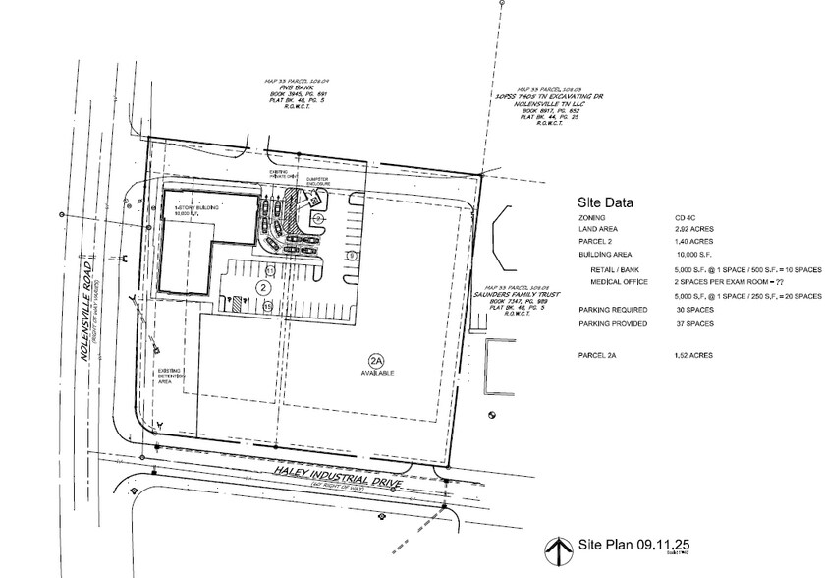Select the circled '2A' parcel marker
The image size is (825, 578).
pos(375,360)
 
